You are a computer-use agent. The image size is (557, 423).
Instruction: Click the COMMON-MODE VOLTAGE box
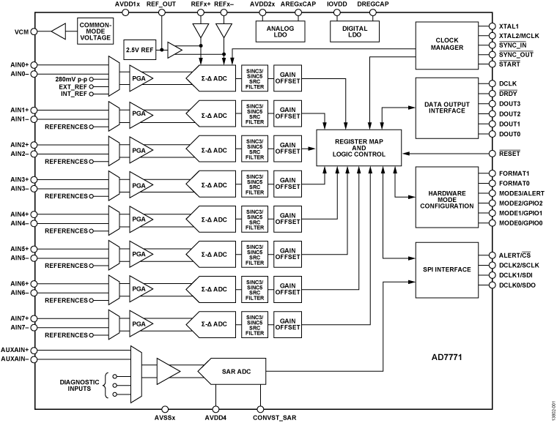95,32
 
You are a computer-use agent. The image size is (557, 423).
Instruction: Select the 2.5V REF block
140,50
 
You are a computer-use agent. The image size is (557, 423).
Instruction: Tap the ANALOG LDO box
280,31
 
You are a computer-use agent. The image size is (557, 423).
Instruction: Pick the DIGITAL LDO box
355,31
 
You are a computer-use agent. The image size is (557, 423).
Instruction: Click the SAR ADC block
233,372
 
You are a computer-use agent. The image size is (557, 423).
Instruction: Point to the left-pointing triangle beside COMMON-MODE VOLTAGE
59,31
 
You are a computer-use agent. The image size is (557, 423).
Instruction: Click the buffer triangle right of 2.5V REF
174,50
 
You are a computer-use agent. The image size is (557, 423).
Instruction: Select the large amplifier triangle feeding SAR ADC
167,372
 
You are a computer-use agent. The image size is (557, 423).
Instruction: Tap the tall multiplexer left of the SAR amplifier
136,374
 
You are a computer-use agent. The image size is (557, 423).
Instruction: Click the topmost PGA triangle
139,78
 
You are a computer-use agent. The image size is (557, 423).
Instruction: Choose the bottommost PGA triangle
139,324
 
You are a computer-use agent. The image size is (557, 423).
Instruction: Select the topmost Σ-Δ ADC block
213,78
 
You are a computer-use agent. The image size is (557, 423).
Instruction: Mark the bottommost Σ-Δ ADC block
213,324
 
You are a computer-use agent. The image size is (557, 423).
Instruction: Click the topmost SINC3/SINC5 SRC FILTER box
255,78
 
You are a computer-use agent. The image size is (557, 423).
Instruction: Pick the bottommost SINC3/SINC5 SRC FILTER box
255,324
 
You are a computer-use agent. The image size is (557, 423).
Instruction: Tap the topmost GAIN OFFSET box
287,78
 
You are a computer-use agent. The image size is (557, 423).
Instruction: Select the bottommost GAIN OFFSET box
287,324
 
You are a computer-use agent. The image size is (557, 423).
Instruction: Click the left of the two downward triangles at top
200,30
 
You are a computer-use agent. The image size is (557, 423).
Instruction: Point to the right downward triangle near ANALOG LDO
224,30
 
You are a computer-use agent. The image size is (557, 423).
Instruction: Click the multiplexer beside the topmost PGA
114,77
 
